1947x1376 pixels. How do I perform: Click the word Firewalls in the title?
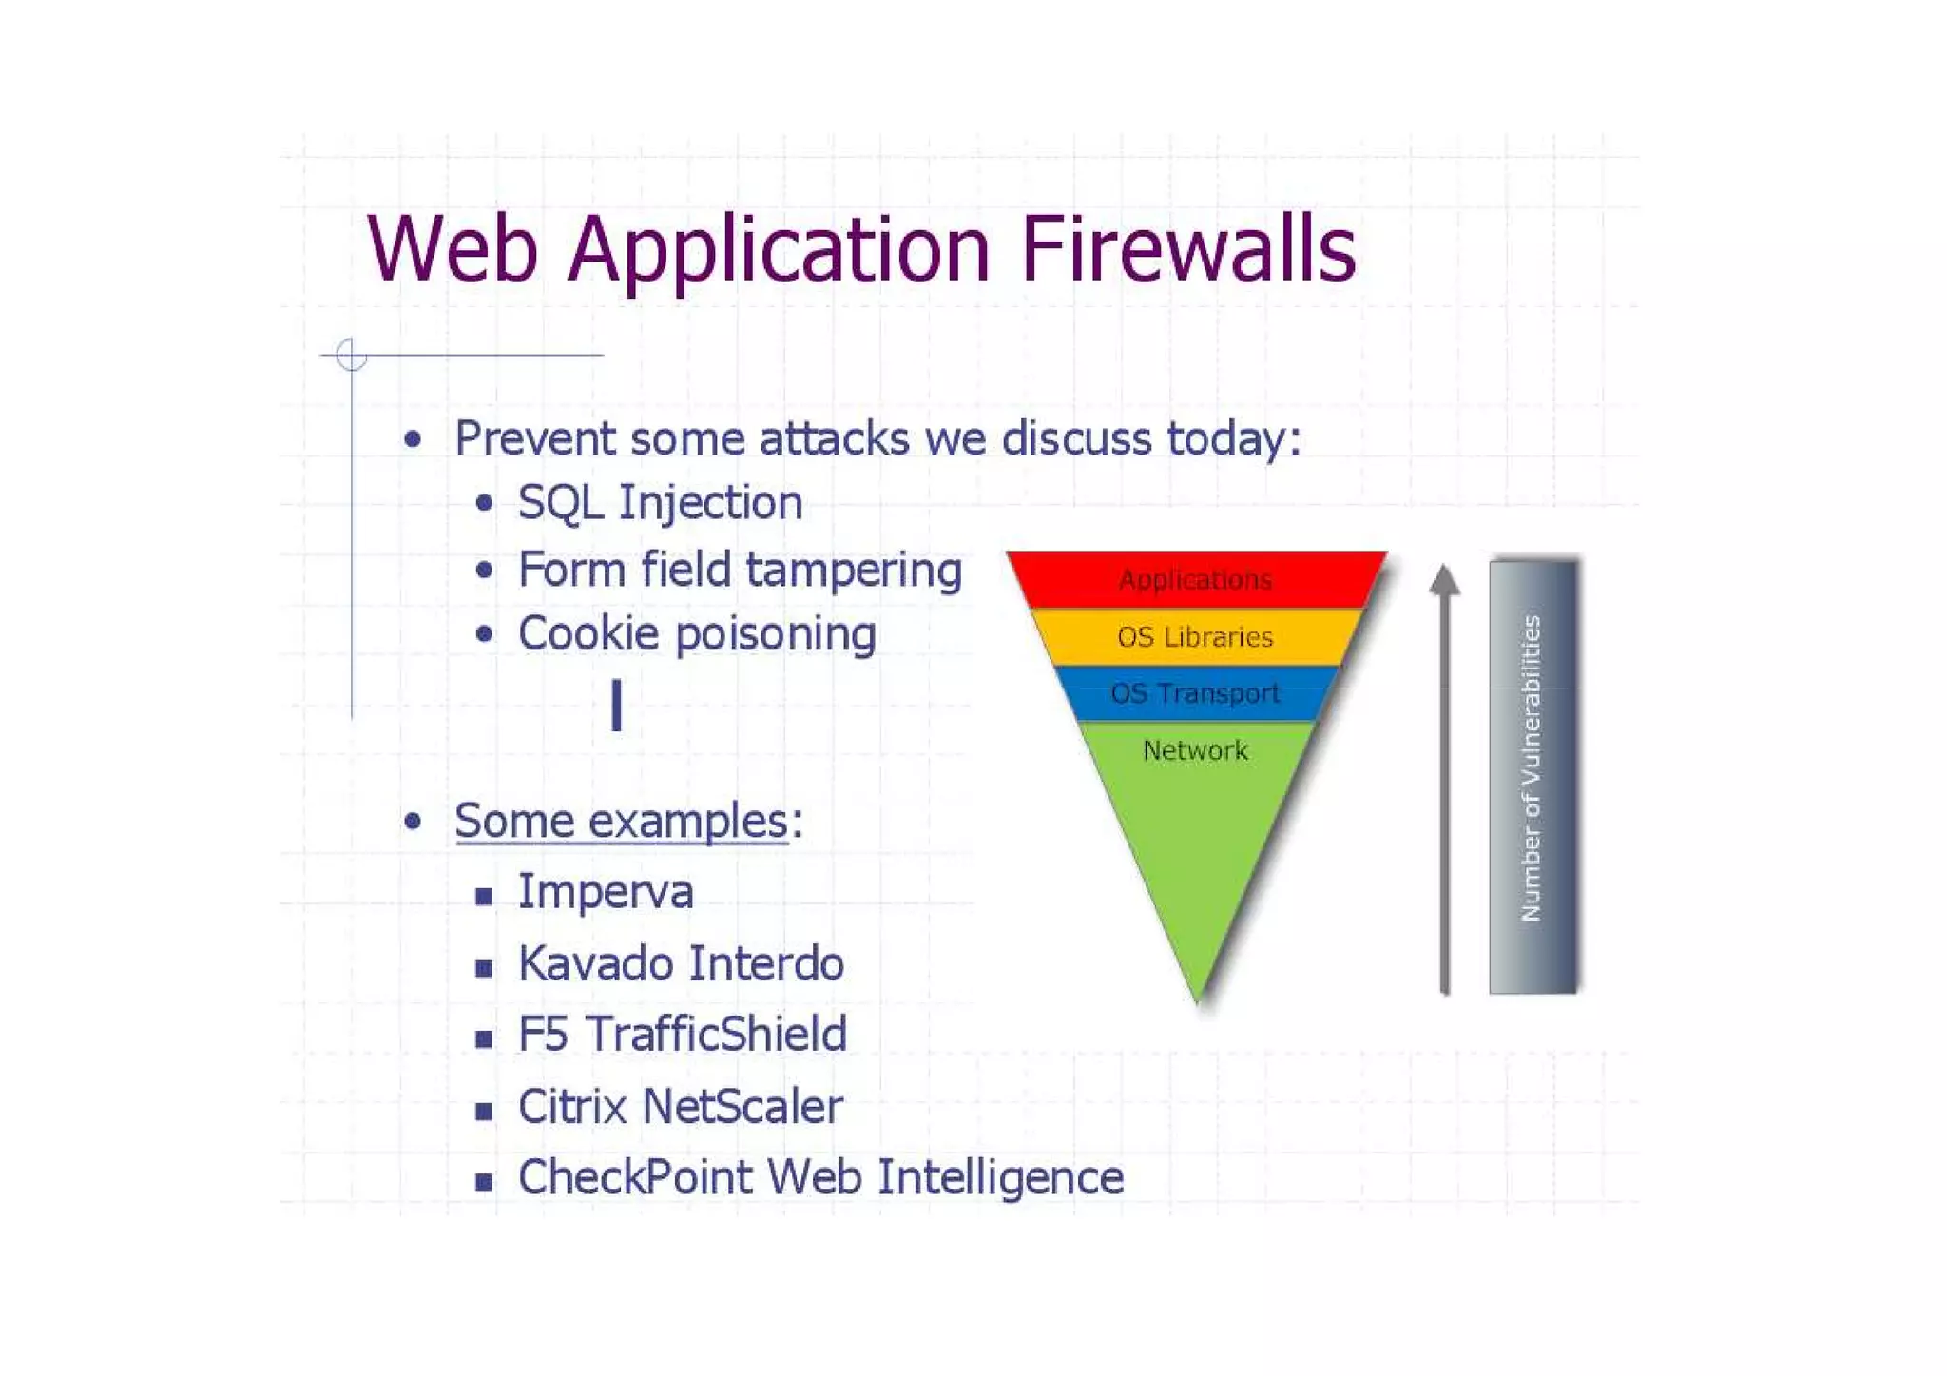(1188, 249)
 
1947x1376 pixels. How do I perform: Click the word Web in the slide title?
(453, 249)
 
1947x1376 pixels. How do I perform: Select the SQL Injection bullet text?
(660, 502)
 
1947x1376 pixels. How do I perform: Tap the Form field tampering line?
(740, 571)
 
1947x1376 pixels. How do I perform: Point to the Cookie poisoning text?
(697, 634)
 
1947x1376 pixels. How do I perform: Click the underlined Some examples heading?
(621, 821)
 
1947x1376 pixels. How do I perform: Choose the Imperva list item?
(606, 892)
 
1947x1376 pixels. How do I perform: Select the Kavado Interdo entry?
(681, 963)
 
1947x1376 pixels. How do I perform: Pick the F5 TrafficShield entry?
(682, 1035)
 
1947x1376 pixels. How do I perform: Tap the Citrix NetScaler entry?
(680, 1107)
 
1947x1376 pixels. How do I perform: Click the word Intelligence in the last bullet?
(1000, 1177)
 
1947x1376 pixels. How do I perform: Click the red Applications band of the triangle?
(1195, 579)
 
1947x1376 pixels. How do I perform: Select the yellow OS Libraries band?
(1195, 637)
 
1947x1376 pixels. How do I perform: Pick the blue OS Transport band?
(1195, 693)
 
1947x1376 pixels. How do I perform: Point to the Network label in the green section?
(1195, 750)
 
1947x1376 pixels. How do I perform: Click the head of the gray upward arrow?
(1444, 579)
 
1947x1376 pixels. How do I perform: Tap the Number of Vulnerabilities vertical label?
(1531, 768)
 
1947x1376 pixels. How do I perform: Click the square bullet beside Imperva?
(484, 896)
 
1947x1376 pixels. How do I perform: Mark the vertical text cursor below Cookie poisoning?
(617, 705)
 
